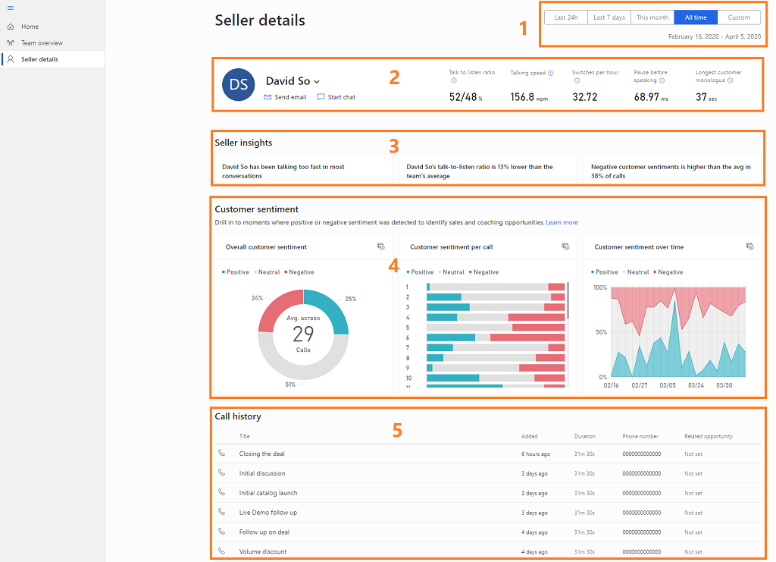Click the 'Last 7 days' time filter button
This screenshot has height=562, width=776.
coord(609,17)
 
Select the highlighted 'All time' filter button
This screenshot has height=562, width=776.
coord(696,17)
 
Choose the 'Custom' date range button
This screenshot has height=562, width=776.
coord(739,17)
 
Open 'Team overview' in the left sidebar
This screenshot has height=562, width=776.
coord(42,43)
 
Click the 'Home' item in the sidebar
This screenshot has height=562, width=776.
coord(30,27)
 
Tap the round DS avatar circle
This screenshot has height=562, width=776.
coord(238,85)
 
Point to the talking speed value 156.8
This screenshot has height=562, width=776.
coord(522,97)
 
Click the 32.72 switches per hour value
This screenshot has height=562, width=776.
coord(584,97)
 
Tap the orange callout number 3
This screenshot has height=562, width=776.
coord(393,144)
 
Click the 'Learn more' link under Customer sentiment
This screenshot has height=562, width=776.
coord(562,223)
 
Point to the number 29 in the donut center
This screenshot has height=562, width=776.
coord(303,334)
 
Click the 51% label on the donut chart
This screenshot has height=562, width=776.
coord(290,385)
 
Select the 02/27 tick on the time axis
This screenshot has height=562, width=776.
coord(640,385)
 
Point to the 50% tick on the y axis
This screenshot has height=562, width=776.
coord(600,332)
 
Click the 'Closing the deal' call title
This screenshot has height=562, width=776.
coord(261,454)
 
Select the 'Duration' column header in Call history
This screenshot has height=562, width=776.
coord(584,436)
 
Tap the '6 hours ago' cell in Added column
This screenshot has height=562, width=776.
coord(535,454)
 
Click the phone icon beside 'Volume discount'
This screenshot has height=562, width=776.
coord(221,551)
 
